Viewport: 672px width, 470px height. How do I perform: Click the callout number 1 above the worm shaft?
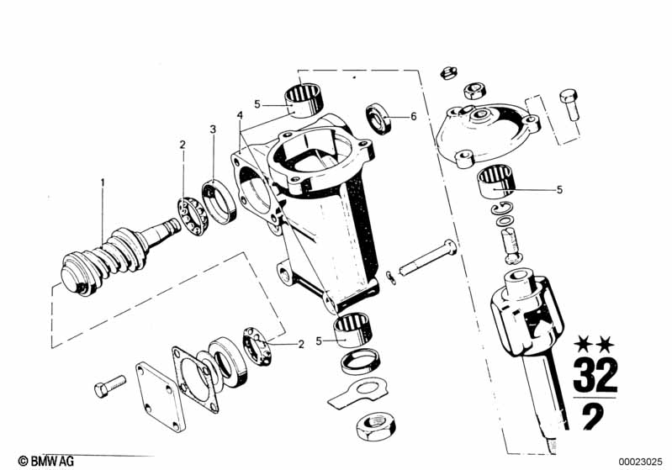click(x=103, y=183)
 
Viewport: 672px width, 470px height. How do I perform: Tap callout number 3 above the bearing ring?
click(x=213, y=129)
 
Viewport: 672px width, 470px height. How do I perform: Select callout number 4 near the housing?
click(x=240, y=115)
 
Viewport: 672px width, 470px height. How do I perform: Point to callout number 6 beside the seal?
click(x=413, y=117)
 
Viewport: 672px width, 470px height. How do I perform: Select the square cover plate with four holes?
click(x=161, y=397)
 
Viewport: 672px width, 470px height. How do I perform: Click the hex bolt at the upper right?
click(x=569, y=105)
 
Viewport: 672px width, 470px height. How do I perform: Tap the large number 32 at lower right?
click(x=595, y=375)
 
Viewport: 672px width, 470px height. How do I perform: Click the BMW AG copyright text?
click(x=46, y=461)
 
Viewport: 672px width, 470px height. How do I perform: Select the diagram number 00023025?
click(x=640, y=462)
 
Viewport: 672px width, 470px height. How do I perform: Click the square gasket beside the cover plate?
click(x=195, y=380)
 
